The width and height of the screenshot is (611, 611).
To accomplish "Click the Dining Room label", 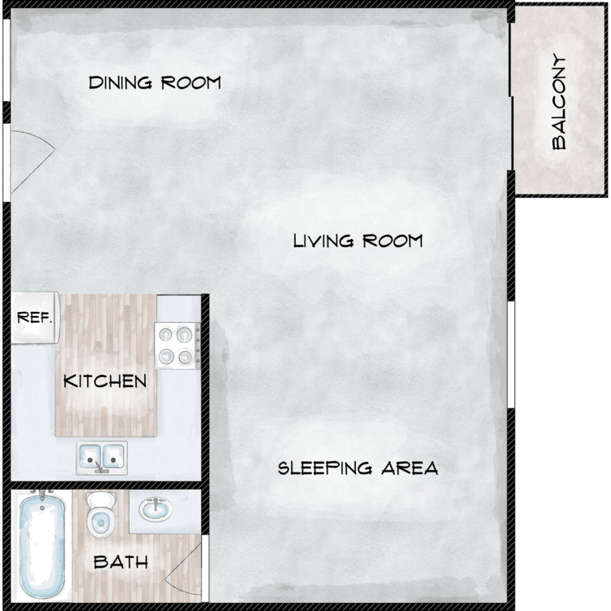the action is tap(155, 82).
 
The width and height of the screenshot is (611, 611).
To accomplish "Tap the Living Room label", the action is tap(358, 241).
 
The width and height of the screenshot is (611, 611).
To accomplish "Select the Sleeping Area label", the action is tap(358, 468).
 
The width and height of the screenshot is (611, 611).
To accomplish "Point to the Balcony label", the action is tap(559, 102).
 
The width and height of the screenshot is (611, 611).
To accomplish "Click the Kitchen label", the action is tap(105, 381).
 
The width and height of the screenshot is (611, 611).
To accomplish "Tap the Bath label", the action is tap(121, 562).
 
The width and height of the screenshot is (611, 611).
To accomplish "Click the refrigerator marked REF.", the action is tap(35, 318).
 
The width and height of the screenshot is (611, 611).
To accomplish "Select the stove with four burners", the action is tap(178, 345).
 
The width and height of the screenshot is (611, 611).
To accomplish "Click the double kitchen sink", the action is tap(102, 458).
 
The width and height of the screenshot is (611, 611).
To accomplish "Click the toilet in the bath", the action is tap(100, 513).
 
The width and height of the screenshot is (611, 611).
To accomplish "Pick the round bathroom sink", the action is tap(156, 509).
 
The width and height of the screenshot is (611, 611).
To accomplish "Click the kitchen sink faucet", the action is tap(100, 468).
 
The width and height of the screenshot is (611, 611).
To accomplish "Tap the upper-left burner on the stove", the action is tap(165, 334).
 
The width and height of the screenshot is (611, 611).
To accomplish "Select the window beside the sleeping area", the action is tap(512, 354).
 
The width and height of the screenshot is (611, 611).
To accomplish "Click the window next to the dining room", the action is tap(7, 60).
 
